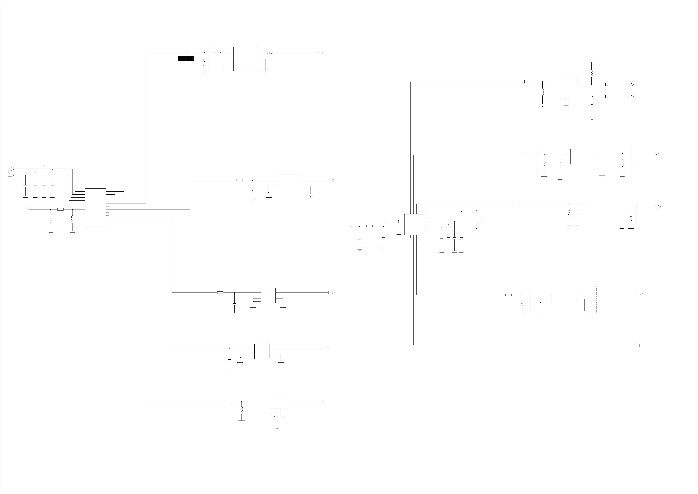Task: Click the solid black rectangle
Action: click(186, 58)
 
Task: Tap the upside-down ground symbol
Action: click(591, 61)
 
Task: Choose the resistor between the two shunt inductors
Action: click(60, 209)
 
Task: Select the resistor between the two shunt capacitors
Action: click(369, 226)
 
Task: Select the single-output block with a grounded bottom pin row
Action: click(278, 403)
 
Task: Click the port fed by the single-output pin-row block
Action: click(321, 401)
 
